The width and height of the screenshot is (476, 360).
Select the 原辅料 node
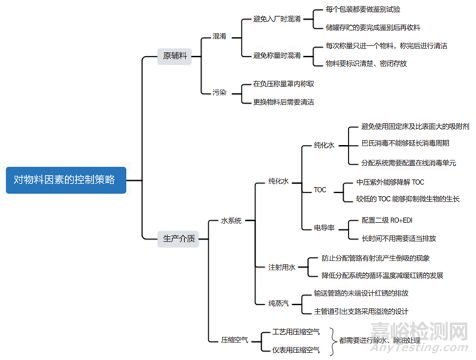174,55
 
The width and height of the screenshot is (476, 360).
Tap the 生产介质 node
179,238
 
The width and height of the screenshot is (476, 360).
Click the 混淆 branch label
219,36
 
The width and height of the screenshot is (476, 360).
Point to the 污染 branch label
219,92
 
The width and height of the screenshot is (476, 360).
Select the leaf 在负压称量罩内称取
283,83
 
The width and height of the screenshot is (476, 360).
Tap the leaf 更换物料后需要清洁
283,102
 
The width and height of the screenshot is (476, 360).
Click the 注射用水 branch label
282,267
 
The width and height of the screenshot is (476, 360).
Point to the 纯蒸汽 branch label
279,303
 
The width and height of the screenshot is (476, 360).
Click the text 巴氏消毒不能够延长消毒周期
405,144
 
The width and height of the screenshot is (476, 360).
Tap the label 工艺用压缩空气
290,332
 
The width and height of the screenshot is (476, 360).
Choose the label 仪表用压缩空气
290,349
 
